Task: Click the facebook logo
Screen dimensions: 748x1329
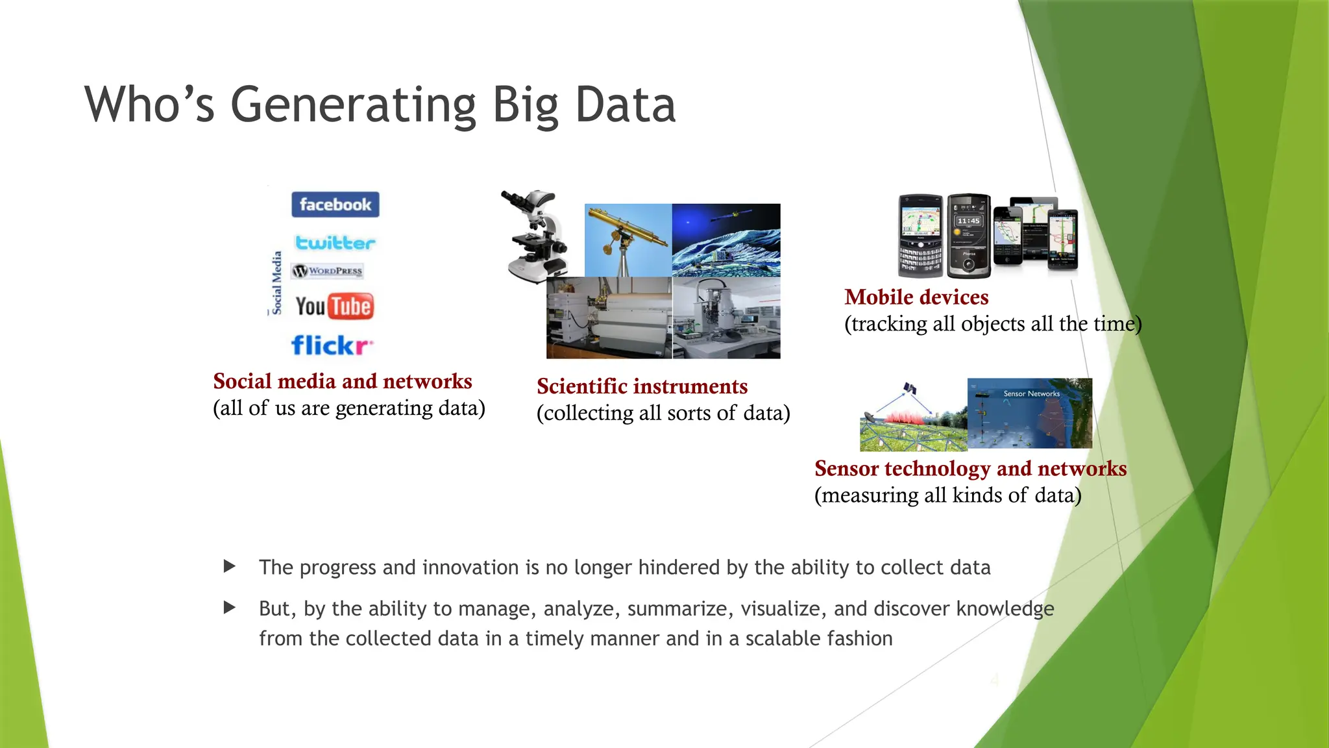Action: click(x=335, y=205)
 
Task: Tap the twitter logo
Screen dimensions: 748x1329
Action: click(x=335, y=243)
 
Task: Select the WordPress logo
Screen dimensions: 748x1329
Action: click(x=328, y=271)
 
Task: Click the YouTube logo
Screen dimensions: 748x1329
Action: click(x=334, y=306)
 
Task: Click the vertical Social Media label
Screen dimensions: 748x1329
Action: click(x=277, y=282)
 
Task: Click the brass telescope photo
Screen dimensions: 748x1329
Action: click(x=628, y=240)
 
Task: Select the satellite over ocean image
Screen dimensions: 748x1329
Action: click(x=725, y=240)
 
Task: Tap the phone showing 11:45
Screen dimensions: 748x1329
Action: click(x=968, y=236)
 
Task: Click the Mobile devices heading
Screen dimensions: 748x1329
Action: click(x=916, y=297)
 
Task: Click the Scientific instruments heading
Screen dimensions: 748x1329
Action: click(x=642, y=386)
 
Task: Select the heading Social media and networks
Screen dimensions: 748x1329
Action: click(x=343, y=381)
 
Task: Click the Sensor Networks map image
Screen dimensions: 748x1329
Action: click(x=1029, y=414)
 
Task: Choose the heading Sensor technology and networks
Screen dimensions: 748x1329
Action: click(x=970, y=469)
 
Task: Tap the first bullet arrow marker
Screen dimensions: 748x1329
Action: click(x=229, y=566)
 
